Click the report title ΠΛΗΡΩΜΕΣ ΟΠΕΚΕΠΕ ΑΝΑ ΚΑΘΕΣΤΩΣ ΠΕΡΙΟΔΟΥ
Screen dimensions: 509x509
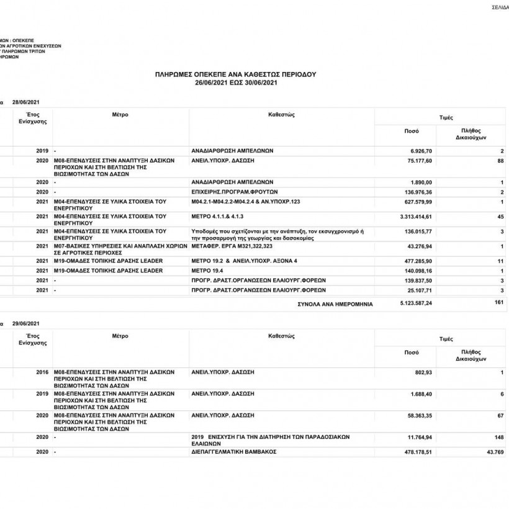click(x=235, y=74)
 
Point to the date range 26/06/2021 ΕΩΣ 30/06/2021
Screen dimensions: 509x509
click(x=235, y=82)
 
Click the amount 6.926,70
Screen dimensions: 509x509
click(x=420, y=151)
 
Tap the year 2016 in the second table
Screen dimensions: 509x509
click(x=42, y=372)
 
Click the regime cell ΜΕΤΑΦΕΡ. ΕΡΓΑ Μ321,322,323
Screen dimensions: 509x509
click(x=230, y=246)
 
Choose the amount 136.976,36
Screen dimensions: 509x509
click(x=417, y=192)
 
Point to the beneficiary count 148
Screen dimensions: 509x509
click(x=498, y=438)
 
